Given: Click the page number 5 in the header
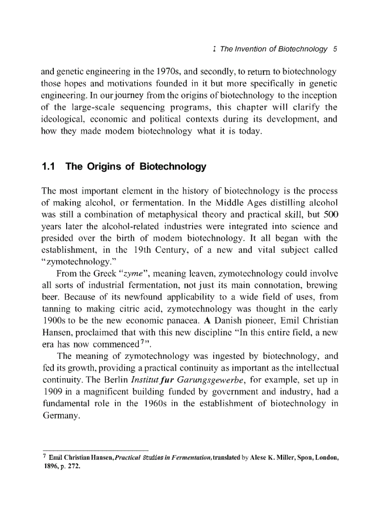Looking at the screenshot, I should (335, 49).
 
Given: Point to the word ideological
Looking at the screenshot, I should (60, 120).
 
